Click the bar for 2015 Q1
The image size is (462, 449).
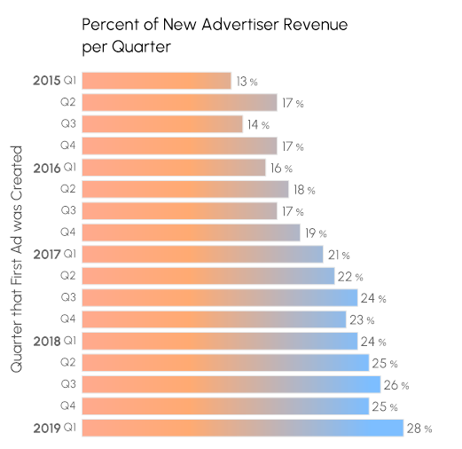point(156,81)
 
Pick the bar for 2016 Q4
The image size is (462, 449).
point(190,232)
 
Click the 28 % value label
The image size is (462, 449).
point(419,429)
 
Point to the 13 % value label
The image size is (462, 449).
point(247,82)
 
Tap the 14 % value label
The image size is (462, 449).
point(258,125)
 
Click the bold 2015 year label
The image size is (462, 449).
point(46,81)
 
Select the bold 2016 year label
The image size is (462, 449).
point(46,167)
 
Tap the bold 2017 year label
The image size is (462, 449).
point(46,254)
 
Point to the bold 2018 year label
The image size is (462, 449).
point(46,341)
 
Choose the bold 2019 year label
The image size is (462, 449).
point(46,428)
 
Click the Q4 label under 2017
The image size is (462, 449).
point(68,319)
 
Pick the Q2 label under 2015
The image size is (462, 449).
point(68,103)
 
